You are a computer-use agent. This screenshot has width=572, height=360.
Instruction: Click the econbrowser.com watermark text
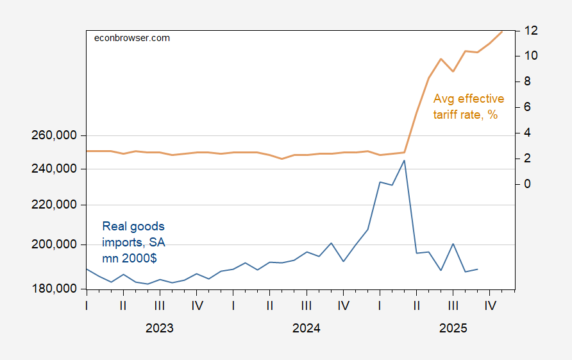click(x=131, y=38)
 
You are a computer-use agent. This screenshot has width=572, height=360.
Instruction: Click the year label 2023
click(x=159, y=329)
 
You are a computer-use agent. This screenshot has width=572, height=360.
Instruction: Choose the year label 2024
click(x=306, y=329)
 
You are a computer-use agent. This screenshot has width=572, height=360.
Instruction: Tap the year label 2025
click(x=453, y=329)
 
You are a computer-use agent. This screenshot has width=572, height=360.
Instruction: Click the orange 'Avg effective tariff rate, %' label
click(x=468, y=107)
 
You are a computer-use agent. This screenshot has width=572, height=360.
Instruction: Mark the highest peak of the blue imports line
click(x=405, y=160)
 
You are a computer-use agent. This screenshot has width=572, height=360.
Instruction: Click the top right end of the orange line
click(x=502, y=31)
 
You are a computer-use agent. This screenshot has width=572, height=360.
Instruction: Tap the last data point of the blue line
click(x=478, y=269)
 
